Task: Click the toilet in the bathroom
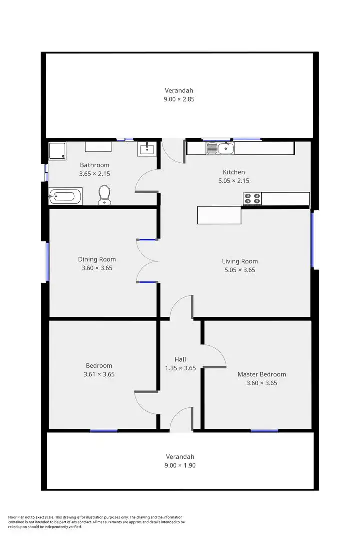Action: tap(105, 194)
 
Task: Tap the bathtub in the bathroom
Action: tap(65, 196)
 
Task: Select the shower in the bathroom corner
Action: tap(57, 150)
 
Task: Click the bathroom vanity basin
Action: tap(147, 148)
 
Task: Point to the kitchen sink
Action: tap(220, 148)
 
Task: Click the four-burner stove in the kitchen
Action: tap(252, 199)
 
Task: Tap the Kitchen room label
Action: tap(234, 172)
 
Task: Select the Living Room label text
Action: tap(240, 261)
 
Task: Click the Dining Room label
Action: tap(97, 259)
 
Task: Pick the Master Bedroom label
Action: tap(262, 374)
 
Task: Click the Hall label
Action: tap(180, 359)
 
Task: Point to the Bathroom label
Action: tap(94, 165)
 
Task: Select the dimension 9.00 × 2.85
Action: tap(179, 99)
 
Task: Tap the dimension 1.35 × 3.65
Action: tap(180, 368)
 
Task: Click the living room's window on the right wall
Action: tap(313, 240)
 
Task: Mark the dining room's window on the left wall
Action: tap(48, 261)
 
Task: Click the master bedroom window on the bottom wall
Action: tap(264, 430)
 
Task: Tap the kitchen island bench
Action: tap(219, 215)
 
